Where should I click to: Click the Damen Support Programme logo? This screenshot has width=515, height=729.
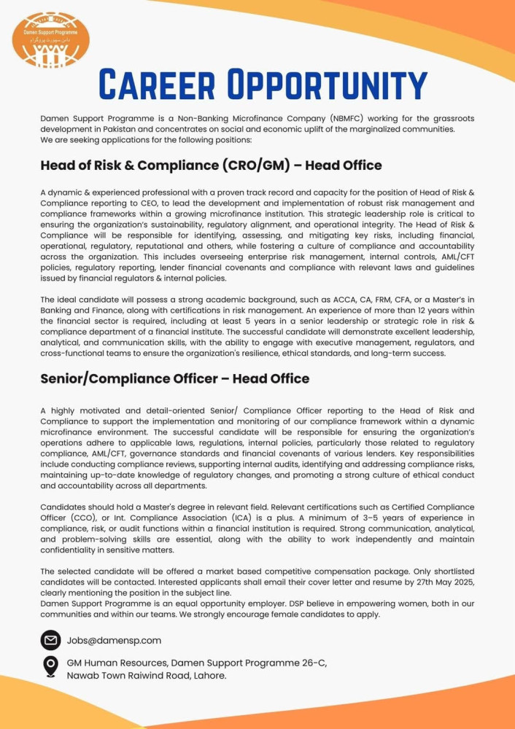point(51,40)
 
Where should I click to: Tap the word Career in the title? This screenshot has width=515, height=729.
point(157,85)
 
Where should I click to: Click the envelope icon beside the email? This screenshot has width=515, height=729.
point(50,640)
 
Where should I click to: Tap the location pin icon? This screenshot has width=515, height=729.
point(50,666)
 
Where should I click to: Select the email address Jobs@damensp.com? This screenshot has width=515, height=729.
point(114,641)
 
